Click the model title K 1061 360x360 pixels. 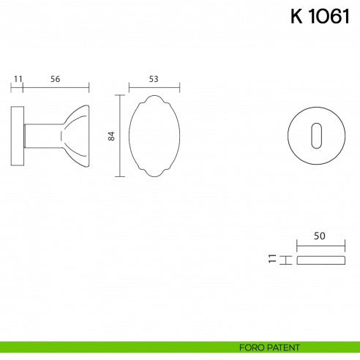pos(320,18)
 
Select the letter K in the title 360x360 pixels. pos(296,18)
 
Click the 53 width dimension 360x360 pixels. pos(154,78)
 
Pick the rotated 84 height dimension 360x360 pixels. pos(111,135)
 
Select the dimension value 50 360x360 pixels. pos(319,236)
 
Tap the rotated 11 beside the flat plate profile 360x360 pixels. pos(271,259)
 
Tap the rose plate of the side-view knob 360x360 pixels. pos(18,137)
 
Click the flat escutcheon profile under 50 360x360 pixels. pos(320,259)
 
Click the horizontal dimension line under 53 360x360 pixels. pos(154,87)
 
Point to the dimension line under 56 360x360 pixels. pos(56,87)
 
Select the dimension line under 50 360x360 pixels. pos(320,247)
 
